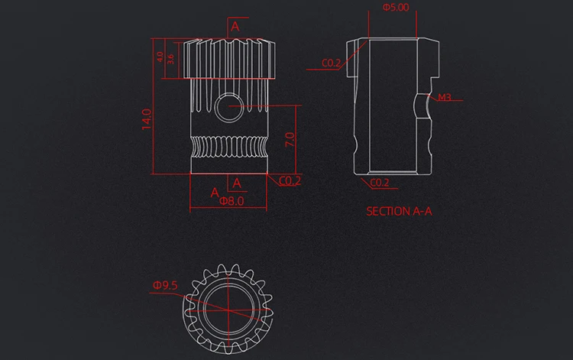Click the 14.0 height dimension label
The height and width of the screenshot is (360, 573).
tap(147, 119)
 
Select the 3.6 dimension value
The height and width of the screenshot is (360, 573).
tap(170, 58)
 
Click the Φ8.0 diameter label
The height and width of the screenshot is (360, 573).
tap(231, 202)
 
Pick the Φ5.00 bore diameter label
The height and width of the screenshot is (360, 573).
tap(395, 8)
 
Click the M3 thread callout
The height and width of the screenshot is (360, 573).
tap(444, 97)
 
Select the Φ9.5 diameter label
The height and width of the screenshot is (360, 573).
tap(165, 285)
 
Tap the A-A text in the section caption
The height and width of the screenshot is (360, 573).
tap(422, 212)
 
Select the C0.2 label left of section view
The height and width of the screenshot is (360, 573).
tap(331, 63)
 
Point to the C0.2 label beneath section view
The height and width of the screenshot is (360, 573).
tap(380, 183)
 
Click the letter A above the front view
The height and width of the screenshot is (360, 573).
tap(235, 26)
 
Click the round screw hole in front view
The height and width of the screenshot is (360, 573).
tap(228, 110)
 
